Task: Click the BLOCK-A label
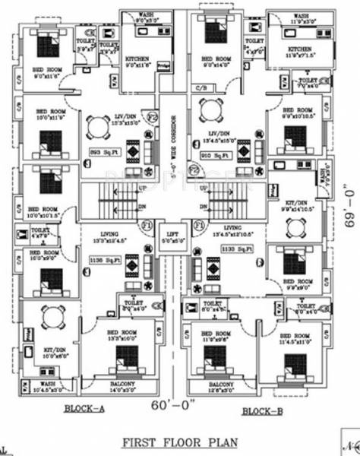[x=84, y=409]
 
